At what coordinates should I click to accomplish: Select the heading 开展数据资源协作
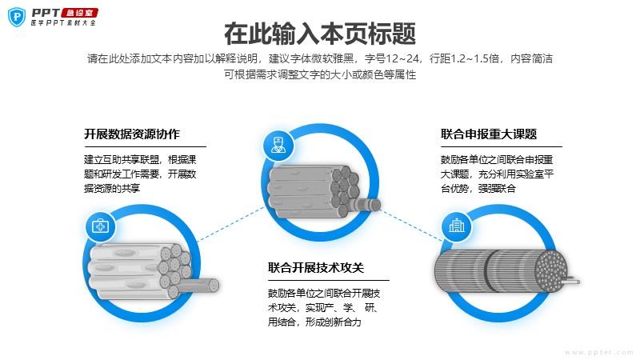pos(132,134)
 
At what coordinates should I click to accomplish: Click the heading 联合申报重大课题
pos(489,134)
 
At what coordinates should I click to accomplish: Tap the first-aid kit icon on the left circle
pos(100,226)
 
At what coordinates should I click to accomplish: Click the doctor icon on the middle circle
pos(276,145)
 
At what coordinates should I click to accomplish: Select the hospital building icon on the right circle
pos(457,226)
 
